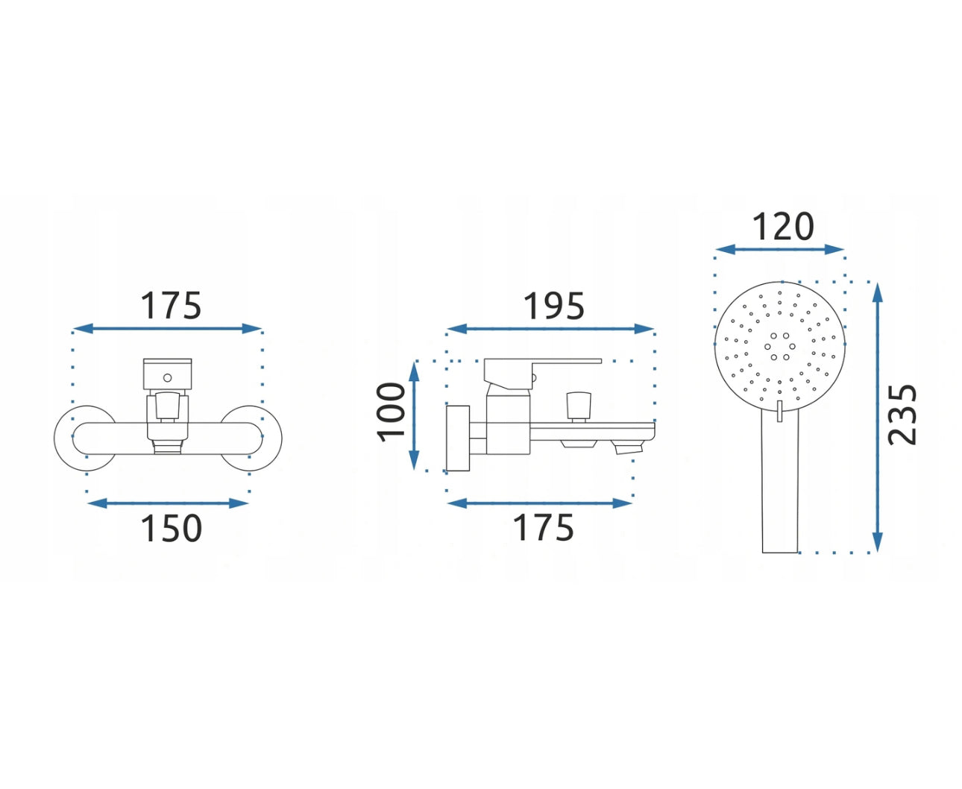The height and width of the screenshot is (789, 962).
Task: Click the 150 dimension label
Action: (x=171, y=528)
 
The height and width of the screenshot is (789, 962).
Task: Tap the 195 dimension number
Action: (x=553, y=306)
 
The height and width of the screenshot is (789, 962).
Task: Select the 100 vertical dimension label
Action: (x=391, y=412)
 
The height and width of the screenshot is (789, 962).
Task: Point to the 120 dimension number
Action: (x=783, y=226)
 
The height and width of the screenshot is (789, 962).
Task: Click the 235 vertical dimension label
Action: (x=902, y=415)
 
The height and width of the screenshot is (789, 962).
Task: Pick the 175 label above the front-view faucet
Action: (x=171, y=306)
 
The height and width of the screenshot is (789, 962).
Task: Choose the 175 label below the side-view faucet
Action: (x=543, y=528)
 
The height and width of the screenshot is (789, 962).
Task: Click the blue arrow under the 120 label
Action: (x=779, y=249)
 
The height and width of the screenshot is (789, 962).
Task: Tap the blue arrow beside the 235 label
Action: (x=877, y=418)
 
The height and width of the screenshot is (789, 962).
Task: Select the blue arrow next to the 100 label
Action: (x=414, y=415)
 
